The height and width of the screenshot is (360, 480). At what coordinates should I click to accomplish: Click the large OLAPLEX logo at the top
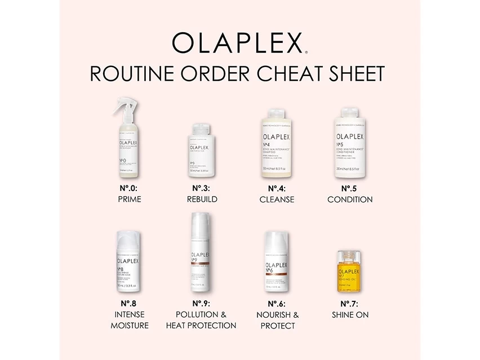[239, 42]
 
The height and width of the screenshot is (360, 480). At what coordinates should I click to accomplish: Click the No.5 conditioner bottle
[349, 144]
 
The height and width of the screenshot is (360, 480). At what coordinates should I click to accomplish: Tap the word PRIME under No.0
[130, 199]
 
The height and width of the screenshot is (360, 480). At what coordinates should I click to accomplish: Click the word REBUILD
[202, 199]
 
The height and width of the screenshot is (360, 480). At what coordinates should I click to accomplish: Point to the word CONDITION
[350, 199]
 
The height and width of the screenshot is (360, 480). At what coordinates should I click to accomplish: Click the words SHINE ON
[350, 315]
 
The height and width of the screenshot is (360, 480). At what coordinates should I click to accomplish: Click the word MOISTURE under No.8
[130, 326]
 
